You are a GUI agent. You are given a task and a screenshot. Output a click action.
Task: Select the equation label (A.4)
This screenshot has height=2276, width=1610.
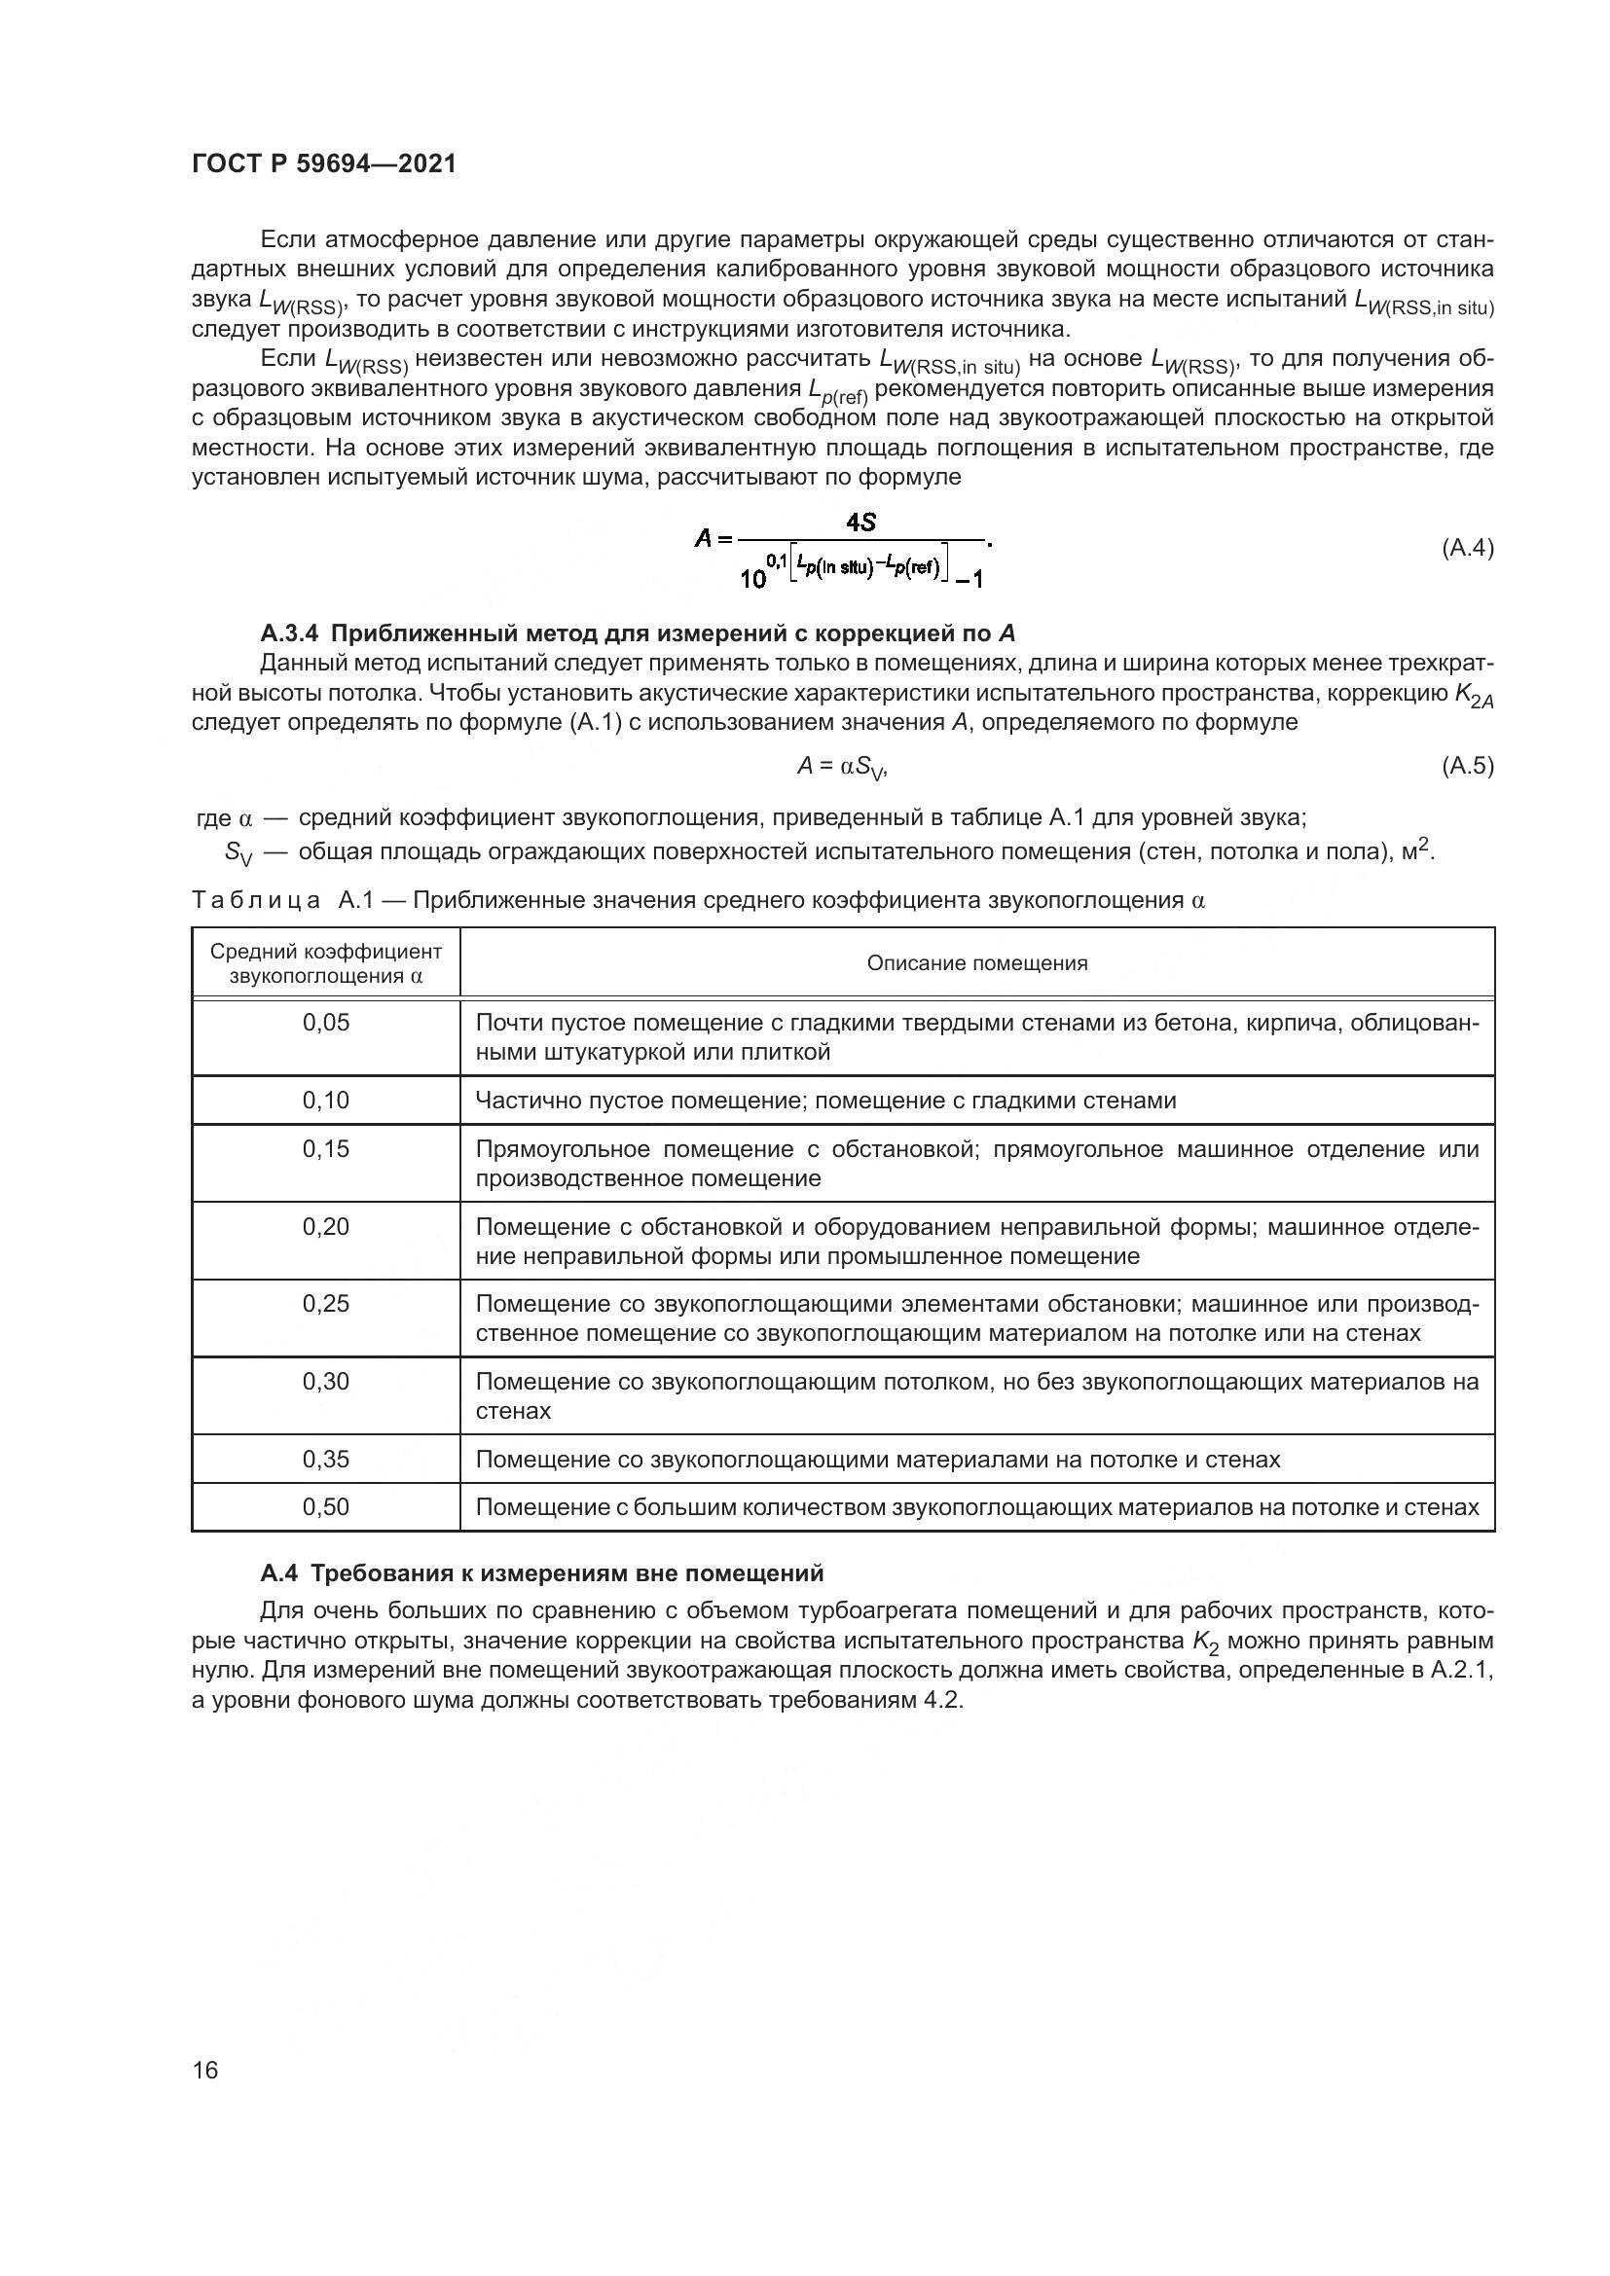(1466, 548)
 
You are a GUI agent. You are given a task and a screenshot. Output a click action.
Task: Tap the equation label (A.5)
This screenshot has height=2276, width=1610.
(1466, 765)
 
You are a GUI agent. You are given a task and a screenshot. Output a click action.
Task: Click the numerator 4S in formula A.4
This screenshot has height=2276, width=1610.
(860, 522)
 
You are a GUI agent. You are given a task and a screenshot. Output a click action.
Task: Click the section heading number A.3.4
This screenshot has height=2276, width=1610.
(288, 633)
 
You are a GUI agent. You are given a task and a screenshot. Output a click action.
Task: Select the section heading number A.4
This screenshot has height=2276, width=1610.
(278, 1573)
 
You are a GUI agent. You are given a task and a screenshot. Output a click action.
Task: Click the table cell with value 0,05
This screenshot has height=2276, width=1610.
(326, 1023)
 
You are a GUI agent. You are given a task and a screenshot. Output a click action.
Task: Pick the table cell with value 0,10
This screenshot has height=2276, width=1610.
(326, 1101)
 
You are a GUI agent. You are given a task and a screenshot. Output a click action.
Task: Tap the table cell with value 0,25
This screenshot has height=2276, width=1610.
(326, 1305)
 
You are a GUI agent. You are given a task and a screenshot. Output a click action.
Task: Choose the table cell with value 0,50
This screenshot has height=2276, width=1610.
(326, 1507)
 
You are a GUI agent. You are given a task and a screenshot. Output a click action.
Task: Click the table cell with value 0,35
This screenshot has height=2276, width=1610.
(326, 1460)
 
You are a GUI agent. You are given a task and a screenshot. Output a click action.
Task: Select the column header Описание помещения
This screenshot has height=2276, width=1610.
(976, 963)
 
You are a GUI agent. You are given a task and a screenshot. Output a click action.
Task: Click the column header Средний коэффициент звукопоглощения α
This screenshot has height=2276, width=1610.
(326, 963)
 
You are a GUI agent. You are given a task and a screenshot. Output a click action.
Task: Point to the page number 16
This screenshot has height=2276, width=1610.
(205, 2070)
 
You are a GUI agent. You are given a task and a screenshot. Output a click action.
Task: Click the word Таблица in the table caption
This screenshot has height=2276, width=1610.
(256, 900)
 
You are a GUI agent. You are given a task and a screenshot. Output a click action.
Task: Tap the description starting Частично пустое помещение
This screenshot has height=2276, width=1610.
(824, 1101)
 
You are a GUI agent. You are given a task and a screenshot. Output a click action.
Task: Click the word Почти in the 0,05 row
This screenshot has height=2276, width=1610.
(503, 1023)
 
